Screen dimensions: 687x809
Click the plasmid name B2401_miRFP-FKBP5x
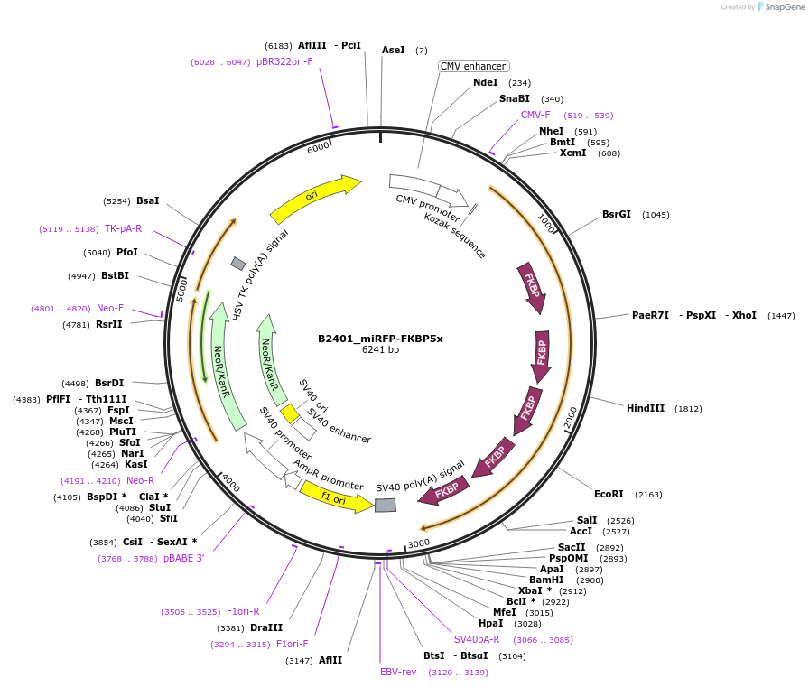[x=380, y=339]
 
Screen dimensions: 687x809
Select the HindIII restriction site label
[x=645, y=408]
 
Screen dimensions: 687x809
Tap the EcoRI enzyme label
[x=609, y=494]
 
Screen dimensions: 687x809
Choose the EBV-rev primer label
[x=398, y=672]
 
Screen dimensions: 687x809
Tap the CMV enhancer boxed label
[x=473, y=66]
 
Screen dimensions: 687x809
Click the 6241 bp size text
[x=380, y=350]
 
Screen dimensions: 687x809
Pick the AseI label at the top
[x=394, y=51]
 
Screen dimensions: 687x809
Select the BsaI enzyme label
[x=147, y=200]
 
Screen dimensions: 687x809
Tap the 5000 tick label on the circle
[x=181, y=289]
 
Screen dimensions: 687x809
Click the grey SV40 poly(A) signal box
[x=386, y=506]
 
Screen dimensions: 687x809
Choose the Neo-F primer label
[x=110, y=308]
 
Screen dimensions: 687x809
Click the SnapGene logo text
[x=783, y=7]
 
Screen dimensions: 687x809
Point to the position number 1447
[x=781, y=315]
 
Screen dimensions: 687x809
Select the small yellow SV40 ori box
[x=289, y=413]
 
